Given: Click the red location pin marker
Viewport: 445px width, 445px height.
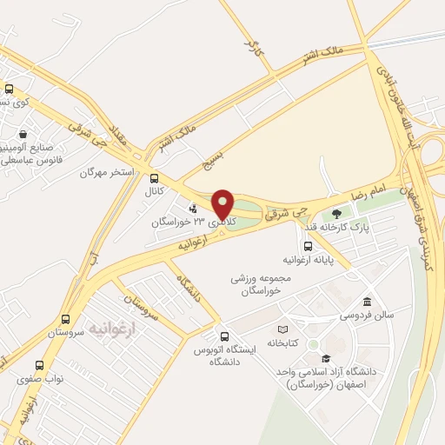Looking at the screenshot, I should point(223,203).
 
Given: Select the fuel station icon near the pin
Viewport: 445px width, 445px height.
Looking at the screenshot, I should point(193,208).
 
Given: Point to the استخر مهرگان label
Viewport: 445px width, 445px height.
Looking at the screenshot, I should point(106,172).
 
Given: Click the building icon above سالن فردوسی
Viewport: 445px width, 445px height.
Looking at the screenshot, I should point(367,300).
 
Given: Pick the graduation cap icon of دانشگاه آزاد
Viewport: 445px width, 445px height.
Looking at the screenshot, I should point(326,357).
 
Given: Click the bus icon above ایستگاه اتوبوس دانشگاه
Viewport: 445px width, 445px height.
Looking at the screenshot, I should point(224,336).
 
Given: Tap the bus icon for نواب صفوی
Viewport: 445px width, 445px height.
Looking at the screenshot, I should point(39,365).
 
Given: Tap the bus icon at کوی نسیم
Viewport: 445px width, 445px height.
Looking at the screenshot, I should point(9,89).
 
